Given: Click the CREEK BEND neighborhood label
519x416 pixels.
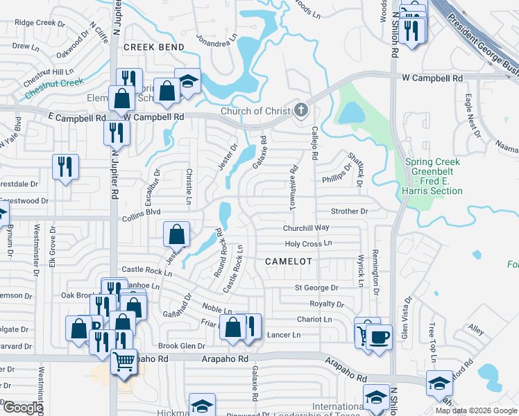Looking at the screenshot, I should (x=154, y=47).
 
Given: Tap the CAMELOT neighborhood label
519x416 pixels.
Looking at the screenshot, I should (x=289, y=261).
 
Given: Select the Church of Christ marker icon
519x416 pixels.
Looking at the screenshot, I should (x=300, y=110).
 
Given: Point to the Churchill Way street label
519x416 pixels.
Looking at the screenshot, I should (x=305, y=228).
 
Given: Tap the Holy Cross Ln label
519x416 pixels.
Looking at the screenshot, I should (x=309, y=244).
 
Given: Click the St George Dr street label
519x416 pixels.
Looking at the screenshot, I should (x=316, y=288).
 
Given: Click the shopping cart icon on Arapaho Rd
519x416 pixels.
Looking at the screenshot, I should (x=124, y=361).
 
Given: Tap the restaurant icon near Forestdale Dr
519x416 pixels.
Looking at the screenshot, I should (x=65, y=166).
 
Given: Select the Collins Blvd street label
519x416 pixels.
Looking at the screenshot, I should (x=142, y=213).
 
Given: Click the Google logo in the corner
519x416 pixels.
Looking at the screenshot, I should (x=23, y=408).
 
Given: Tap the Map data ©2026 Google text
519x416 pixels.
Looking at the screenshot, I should (x=476, y=410).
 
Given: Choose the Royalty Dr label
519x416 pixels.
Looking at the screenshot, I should (x=326, y=304).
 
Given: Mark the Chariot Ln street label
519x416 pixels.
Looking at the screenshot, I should (x=314, y=320).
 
